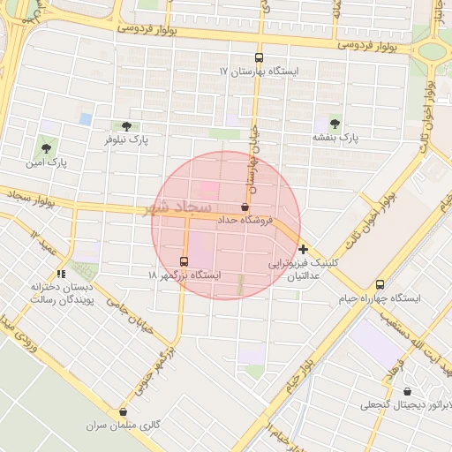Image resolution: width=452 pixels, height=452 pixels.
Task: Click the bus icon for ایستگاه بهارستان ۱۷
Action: point(259,55)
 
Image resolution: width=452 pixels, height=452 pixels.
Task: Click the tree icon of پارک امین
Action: point(46,148)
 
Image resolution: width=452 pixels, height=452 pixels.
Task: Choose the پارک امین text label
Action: point(47,162)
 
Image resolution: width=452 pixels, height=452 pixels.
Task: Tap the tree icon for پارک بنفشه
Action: point(335,123)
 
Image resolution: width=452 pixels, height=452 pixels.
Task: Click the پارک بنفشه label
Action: point(335,138)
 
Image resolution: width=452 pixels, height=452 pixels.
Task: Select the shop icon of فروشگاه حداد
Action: point(244,206)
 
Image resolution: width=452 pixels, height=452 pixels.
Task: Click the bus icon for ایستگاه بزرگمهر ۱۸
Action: point(184,261)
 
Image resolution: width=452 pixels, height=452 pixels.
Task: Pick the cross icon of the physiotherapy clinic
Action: point(304,250)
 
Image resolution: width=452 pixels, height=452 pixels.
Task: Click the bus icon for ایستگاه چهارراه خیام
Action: point(380,284)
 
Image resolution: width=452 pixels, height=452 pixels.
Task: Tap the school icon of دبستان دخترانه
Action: point(61,274)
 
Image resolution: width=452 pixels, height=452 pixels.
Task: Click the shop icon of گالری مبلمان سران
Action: point(123,411)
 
